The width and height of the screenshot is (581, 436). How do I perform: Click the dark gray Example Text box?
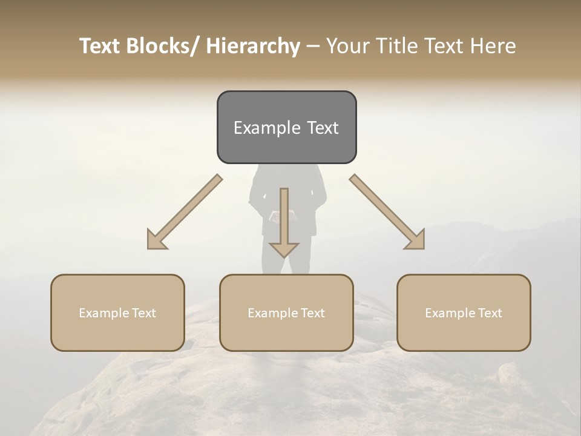(x=286, y=127)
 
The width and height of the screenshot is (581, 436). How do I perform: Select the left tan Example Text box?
(x=117, y=312)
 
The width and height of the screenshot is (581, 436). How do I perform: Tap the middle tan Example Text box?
(x=286, y=312)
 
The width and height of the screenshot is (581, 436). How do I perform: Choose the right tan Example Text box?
(x=464, y=312)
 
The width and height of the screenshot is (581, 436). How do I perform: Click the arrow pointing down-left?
(x=185, y=212)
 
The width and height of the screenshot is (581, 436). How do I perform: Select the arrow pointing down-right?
(x=387, y=212)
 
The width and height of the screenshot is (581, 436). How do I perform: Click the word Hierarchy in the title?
(x=252, y=46)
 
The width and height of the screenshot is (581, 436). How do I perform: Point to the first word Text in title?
(x=101, y=46)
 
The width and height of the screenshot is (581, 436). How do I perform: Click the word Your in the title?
(x=349, y=46)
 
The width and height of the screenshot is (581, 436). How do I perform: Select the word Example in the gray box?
(x=266, y=128)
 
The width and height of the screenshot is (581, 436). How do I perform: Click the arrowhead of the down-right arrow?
(x=416, y=240)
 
